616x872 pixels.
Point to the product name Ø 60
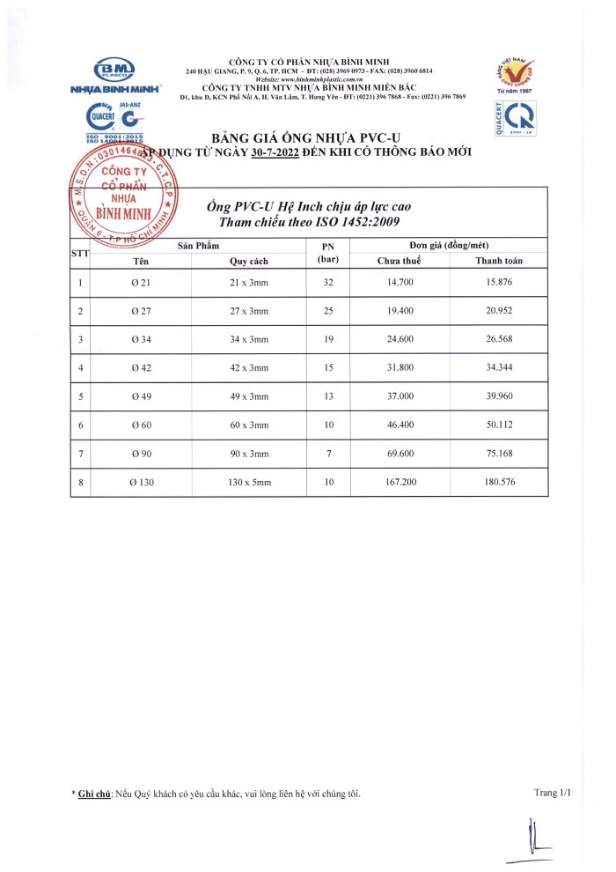pos(140,425)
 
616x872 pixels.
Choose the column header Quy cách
pos(249,261)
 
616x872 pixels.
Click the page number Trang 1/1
pos(552,793)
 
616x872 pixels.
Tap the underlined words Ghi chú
pos(95,794)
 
